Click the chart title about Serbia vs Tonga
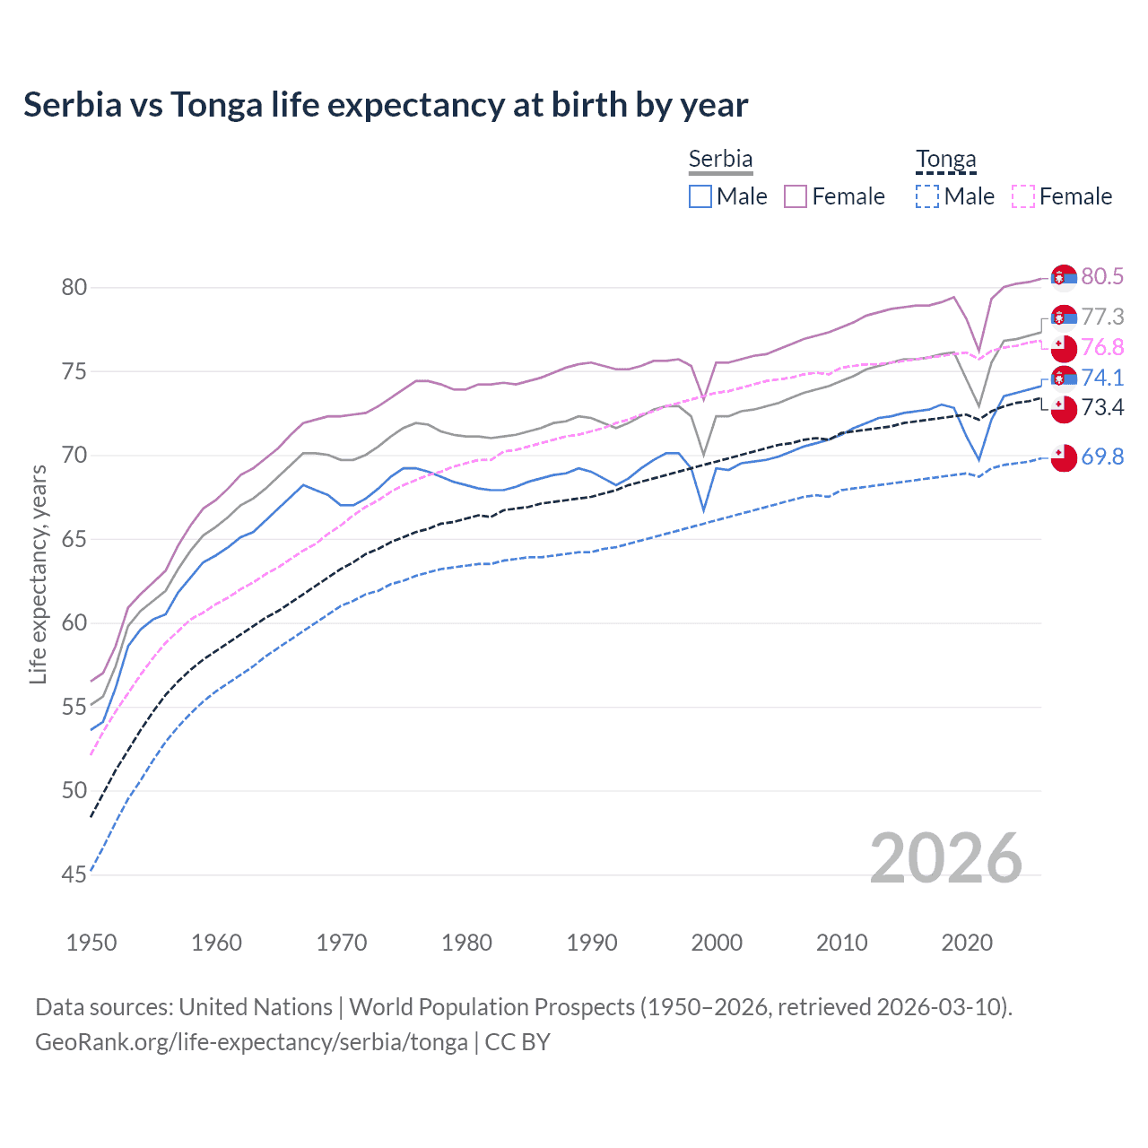tap(386, 105)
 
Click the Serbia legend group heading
tap(720, 160)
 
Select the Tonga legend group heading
tap(945, 160)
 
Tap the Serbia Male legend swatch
tap(700, 196)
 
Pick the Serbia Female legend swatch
tap(796, 196)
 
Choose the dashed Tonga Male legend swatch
tap(927, 196)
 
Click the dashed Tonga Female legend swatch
tap(1022, 196)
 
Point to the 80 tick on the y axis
tap(74, 287)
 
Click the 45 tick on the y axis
tap(74, 874)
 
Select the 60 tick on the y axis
tap(74, 622)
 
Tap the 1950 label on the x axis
tap(91, 943)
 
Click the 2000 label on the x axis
tap(717, 943)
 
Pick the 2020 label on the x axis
tap(967, 943)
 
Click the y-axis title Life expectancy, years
tap(38, 574)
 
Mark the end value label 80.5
tap(1102, 276)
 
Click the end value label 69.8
tap(1102, 457)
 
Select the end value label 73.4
tap(1102, 408)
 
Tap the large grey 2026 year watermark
tap(946, 858)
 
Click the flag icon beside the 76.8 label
tap(1064, 348)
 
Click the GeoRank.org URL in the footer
tap(251, 1042)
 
